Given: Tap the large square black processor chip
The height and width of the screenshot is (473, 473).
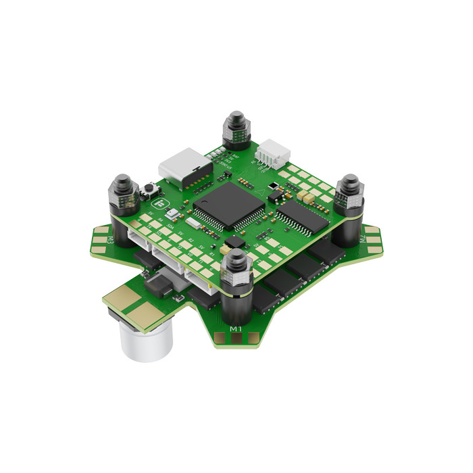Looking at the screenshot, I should pos(229,204).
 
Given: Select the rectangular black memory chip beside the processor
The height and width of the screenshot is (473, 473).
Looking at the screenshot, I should pos(301,216).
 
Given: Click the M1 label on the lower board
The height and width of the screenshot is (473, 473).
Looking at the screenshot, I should pos(236,329).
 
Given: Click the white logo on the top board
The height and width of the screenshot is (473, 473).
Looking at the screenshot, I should pos(160,203).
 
